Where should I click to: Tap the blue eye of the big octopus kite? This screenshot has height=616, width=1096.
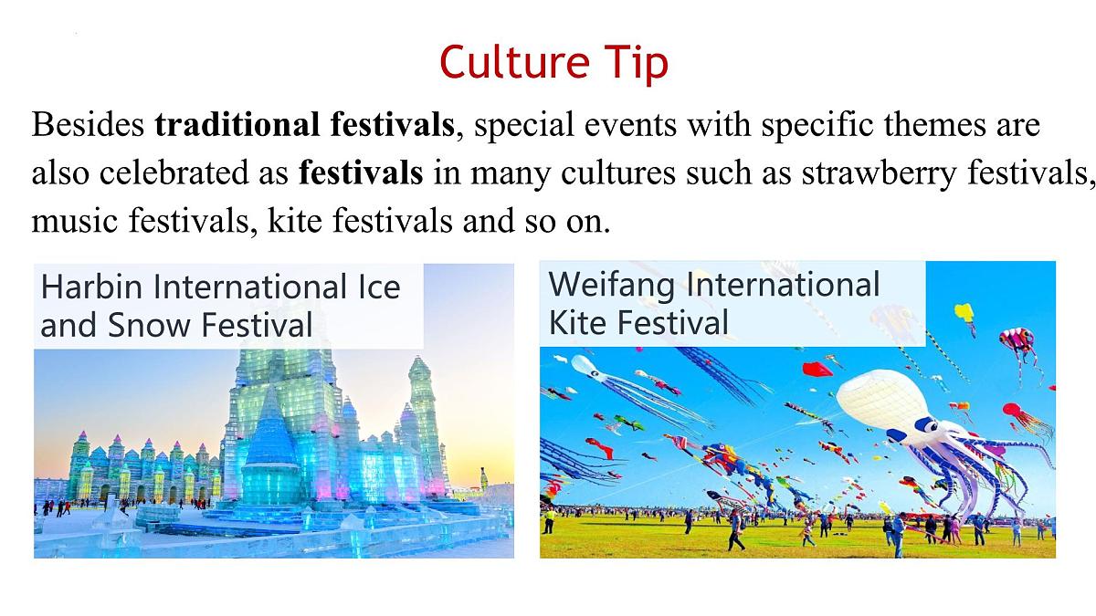tap(924, 425)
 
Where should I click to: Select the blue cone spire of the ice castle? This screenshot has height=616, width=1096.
tap(271, 429)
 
